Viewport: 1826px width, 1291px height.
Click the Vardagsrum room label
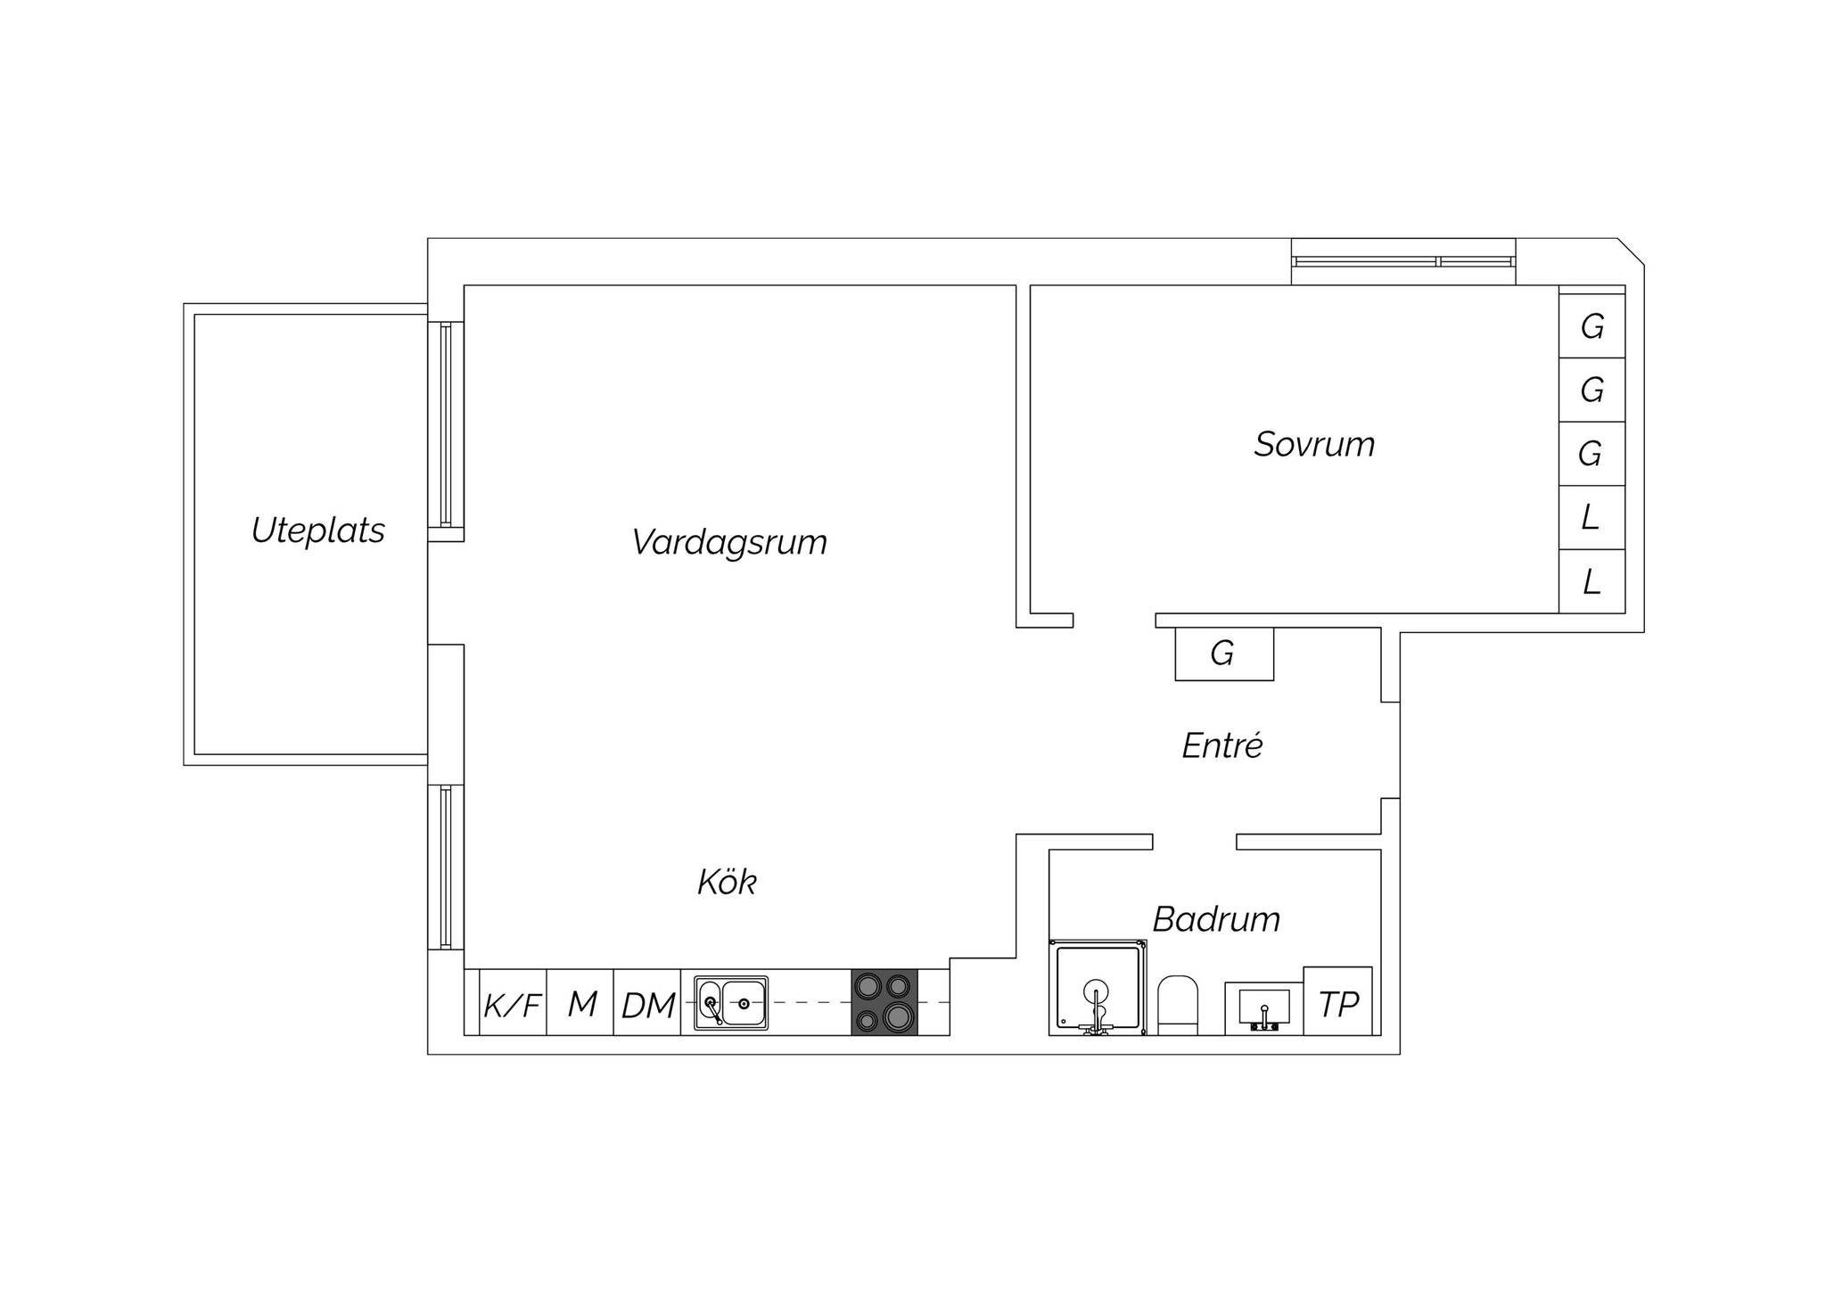tap(729, 543)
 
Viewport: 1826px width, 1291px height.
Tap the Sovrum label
tap(1314, 444)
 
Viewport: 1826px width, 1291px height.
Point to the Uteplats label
tap(318, 530)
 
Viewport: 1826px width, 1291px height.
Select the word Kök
tap(727, 882)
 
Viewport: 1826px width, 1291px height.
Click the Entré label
tap(1222, 745)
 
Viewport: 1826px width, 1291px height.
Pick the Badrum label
tap(1216, 919)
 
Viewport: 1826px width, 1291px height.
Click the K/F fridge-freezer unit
tap(513, 1003)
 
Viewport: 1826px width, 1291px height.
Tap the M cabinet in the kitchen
tap(580, 1003)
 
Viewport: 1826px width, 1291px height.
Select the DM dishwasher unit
tap(647, 1003)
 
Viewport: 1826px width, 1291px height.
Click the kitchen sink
tap(731, 1003)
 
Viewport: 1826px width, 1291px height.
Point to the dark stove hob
tap(884, 1002)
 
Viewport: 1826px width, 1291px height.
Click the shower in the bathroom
tap(1098, 987)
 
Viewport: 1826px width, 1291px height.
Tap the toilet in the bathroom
tap(1177, 1006)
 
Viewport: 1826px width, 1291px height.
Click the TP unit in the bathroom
tap(1338, 1001)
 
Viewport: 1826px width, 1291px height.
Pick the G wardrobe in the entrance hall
tap(1224, 654)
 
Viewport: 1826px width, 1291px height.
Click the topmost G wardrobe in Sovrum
tap(1592, 326)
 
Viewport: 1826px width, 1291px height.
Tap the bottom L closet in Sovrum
tap(1592, 581)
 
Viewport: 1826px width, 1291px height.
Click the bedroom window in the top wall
tap(1404, 261)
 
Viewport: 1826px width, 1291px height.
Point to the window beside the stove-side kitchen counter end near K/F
tap(446, 867)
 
